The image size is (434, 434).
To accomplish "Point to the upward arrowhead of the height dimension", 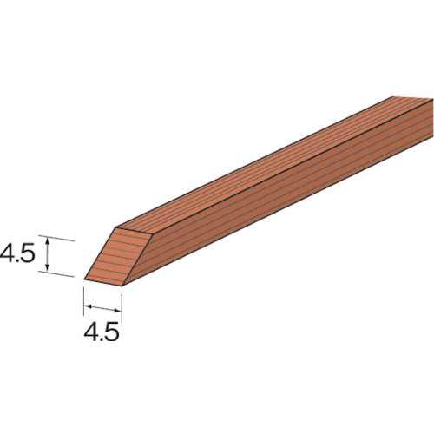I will click(x=49, y=241).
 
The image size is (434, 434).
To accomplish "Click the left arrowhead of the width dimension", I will click(x=88, y=307).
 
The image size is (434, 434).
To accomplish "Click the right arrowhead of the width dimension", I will click(x=118, y=307).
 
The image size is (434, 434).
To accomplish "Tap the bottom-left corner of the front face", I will click(x=85, y=279).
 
